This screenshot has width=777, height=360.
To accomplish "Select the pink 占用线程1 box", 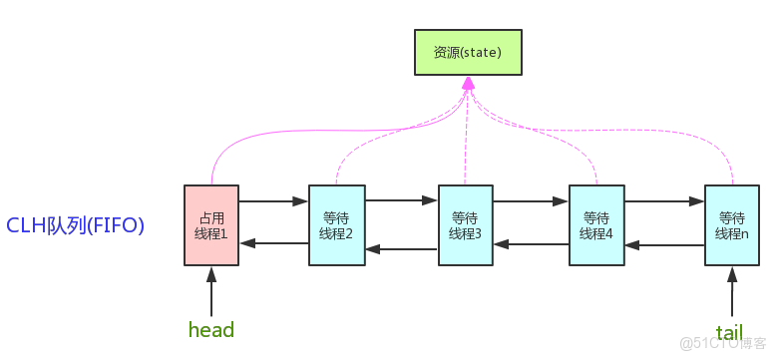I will click(211, 225).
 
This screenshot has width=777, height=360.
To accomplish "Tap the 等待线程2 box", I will click(337, 225).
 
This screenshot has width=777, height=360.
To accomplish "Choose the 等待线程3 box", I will click(466, 225).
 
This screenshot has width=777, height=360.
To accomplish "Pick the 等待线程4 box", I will click(596, 225).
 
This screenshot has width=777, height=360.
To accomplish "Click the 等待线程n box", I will click(732, 225).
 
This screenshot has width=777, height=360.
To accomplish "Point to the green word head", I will click(211, 329).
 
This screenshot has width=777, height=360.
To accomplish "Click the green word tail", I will click(729, 331).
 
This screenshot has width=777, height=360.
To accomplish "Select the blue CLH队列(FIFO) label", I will click(76, 225).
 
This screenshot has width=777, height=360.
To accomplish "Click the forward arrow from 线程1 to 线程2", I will click(273, 201).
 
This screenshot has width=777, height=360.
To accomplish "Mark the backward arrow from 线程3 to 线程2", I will click(402, 249).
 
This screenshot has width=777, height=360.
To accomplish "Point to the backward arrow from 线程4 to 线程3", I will click(531, 243).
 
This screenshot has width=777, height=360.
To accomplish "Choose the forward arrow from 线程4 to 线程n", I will click(664, 201).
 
